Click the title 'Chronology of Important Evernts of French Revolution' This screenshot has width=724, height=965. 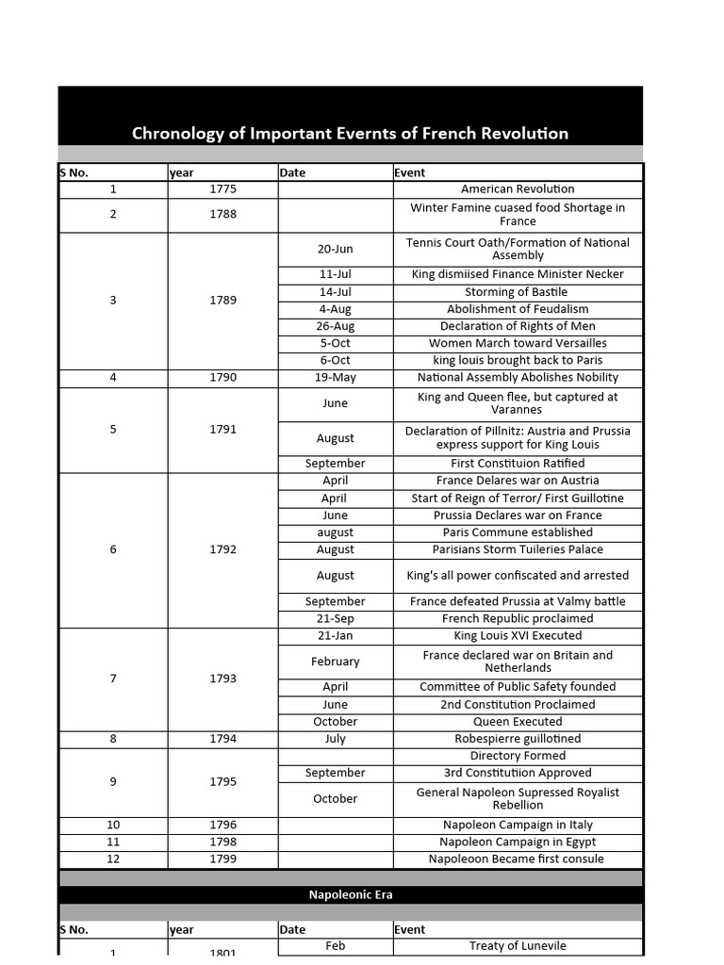(x=350, y=133)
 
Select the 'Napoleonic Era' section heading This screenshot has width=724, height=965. (x=350, y=894)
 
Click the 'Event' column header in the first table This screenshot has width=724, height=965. (x=410, y=172)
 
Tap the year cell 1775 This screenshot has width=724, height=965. (x=223, y=189)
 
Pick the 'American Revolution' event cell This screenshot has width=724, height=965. (x=518, y=189)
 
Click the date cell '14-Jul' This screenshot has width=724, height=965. (x=336, y=292)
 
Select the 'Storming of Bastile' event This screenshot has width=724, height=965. (x=518, y=292)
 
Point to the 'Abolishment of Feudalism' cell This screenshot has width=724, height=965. (x=518, y=309)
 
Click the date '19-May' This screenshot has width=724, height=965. (x=336, y=378)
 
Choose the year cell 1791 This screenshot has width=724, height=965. (x=223, y=430)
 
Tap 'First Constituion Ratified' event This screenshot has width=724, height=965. (x=518, y=464)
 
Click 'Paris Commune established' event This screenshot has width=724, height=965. (x=518, y=532)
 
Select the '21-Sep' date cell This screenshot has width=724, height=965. (x=336, y=619)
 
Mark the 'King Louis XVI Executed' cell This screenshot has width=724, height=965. (x=518, y=636)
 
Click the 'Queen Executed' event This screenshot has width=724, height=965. (x=518, y=722)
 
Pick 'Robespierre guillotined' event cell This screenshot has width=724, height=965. (x=518, y=739)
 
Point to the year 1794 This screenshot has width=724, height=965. (x=223, y=739)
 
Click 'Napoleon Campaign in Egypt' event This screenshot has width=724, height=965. (x=518, y=842)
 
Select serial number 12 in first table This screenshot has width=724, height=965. (x=113, y=859)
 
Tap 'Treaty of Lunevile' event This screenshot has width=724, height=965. (x=518, y=946)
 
